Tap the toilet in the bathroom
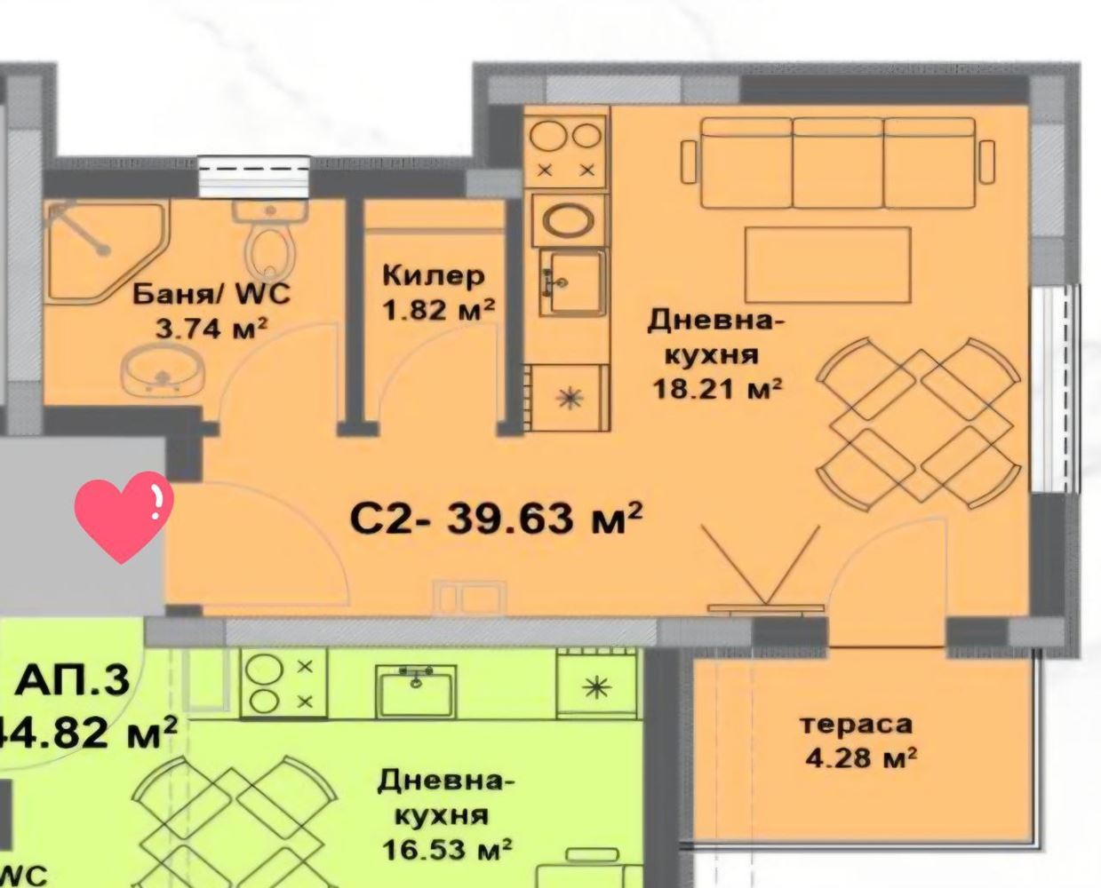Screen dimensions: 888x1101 [x=271, y=242]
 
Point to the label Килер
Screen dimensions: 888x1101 [x=434, y=275]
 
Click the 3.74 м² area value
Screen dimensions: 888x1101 [x=211, y=329]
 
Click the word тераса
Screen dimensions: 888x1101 [x=856, y=724]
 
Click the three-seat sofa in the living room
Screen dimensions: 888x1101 [x=837, y=163]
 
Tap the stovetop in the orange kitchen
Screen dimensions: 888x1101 [x=564, y=149]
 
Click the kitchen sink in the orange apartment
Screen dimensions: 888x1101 [x=574, y=281]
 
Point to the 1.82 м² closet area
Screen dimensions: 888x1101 [x=438, y=311]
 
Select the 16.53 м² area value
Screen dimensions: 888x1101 [x=446, y=850]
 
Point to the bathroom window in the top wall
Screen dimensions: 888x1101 [x=253, y=175]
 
